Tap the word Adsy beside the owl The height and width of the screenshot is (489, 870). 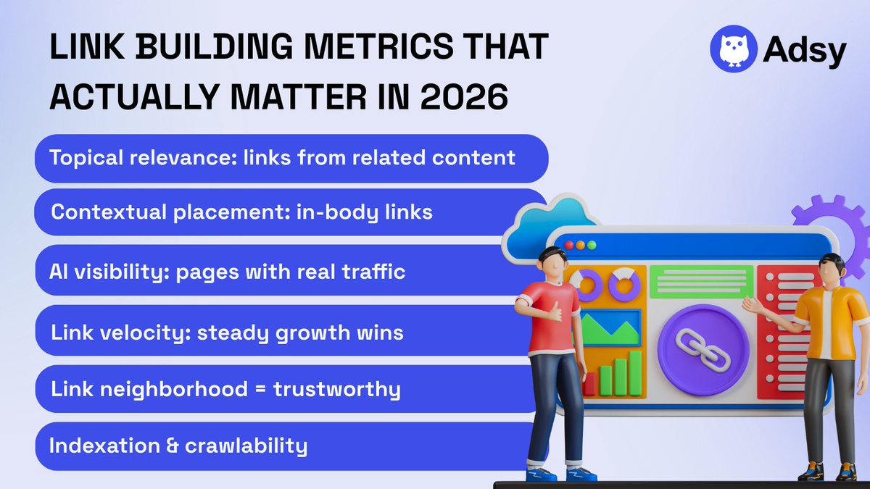point(804,51)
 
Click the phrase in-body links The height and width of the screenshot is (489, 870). point(365,213)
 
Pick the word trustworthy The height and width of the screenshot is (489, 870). point(337,390)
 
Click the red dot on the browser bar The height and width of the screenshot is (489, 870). point(568,246)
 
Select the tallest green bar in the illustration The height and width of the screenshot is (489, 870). point(634,372)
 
